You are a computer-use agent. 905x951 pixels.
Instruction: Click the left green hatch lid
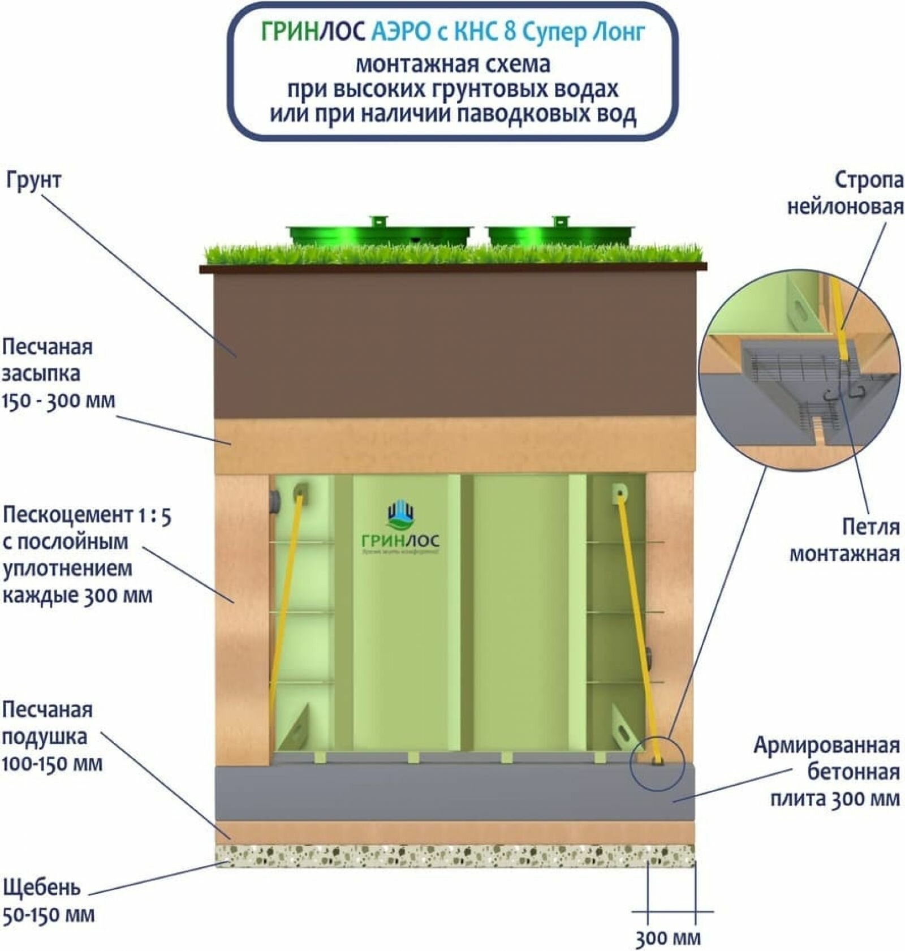379,232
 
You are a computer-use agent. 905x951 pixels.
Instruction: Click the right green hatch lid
560,232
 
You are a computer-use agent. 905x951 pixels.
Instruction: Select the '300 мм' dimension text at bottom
667,939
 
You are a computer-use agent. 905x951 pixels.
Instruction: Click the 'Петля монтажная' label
844,540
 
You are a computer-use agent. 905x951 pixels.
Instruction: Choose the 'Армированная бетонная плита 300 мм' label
826,772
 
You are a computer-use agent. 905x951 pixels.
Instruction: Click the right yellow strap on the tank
637,622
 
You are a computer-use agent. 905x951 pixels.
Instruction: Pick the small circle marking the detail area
657,764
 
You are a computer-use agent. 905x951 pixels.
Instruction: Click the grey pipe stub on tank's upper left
275,501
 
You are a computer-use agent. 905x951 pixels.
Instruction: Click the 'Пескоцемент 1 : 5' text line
87,515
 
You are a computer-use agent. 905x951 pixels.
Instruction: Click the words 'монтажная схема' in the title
453,64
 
